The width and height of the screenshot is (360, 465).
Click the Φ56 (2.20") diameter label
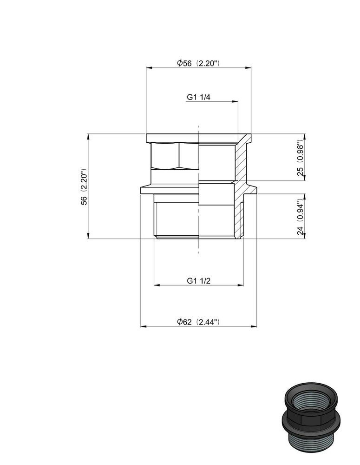(197, 64)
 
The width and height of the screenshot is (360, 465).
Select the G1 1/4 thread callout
(198, 97)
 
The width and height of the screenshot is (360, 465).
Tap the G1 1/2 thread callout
(198, 281)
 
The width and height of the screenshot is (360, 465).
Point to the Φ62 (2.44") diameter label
(198, 322)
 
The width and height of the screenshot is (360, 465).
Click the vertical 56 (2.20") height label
(84, 186)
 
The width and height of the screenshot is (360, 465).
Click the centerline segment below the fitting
(199, 246)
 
